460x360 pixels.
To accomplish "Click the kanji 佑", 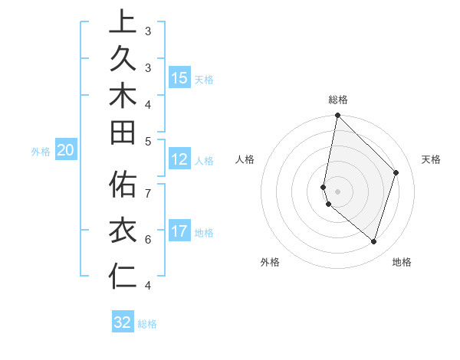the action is coord(123,185).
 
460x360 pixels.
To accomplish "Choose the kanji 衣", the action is coord(123,230).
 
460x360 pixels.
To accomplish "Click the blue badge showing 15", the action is coord(179,77).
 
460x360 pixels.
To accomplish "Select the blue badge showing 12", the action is coord(179,159).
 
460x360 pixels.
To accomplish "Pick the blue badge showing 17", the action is coord(179,231).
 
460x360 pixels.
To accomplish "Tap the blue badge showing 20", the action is coord(66,150).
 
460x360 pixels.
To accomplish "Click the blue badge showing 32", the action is coord(123,322).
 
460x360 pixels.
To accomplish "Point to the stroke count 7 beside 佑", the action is coord(148,192).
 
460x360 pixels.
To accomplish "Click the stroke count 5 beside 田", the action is coord(148,141).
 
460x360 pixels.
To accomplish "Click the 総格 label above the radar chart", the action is coord(338,100).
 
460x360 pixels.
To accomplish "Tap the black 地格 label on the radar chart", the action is coord(402,262).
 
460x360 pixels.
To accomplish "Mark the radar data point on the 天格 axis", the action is coord(396,172).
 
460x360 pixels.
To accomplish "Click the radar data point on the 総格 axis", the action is coord(337,116).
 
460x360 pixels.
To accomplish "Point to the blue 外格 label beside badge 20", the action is coord(40,152).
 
